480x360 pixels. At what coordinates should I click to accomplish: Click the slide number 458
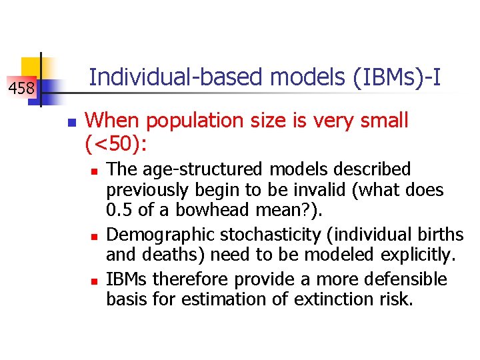(x=21, y=87)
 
